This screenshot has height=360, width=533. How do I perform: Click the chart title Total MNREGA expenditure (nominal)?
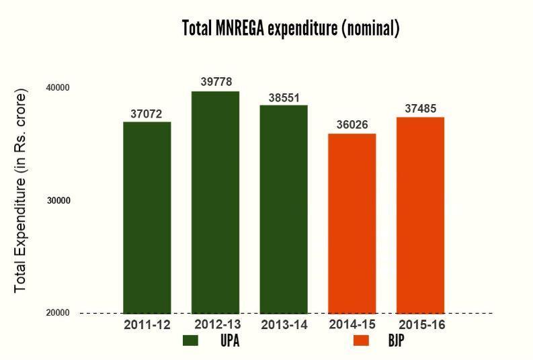pyautogui.click(x=290, y=28)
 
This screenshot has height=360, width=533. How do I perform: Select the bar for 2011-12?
pyautogui.click(x=147, y=217)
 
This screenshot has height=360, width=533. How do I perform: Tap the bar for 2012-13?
pyautogui.click(x=215, y=201)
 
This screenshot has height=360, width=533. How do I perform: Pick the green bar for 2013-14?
pyautogui.click(x=284, y=209)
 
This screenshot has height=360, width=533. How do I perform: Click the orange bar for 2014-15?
pyautogui.click(x=352, y=223)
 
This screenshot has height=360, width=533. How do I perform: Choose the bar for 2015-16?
pyautogui.click(x=420, y=215)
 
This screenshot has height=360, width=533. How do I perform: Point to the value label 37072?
pyautogui.click(x=147, y=114)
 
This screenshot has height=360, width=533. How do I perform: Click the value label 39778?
pyautogui.click(x=216, y=82)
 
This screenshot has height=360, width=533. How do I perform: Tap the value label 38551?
pyautogui.click(x=284, y=97)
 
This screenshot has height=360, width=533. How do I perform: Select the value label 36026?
pyautogui.click(x=352, y=126)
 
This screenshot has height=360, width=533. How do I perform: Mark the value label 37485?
pyautogui.click(x=420, y=109)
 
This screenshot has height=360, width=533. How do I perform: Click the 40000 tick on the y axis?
pyautogui.click(x=58, y=88)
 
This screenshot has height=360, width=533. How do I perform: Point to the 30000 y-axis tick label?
pyautogui.click(x=58, y=200)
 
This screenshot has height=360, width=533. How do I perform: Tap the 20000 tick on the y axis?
pyautogui.click(x=58, y=313)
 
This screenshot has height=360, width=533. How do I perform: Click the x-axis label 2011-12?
pyautogui.click(x=147, y=325)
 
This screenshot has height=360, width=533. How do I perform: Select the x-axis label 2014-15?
pyautogui.click(x=352, y=324)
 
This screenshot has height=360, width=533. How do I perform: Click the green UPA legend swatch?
pyautogui.click(x=190, y=341)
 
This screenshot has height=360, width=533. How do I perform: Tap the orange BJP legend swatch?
pyautogui.click(x=361, y=341)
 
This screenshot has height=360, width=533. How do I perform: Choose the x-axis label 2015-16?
pyautogui.click(x=421, y=325)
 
